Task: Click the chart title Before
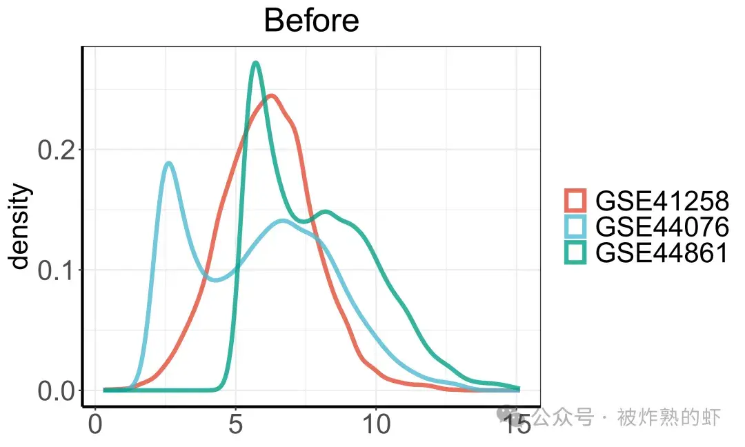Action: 311,21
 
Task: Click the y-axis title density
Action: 19,226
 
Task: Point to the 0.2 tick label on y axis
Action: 56,150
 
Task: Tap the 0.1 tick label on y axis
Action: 56,270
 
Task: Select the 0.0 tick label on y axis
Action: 56,391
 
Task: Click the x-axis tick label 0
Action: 95,424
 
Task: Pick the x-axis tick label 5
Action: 236,424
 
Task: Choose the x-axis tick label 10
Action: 377,424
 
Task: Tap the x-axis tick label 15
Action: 517,424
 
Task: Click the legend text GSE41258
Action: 662,201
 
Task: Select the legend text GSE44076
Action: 662,226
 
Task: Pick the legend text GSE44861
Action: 662,252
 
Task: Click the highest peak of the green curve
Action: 256,63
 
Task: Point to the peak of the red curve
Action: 271,96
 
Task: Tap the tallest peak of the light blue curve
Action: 168,163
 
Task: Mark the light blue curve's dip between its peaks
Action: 216,279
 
